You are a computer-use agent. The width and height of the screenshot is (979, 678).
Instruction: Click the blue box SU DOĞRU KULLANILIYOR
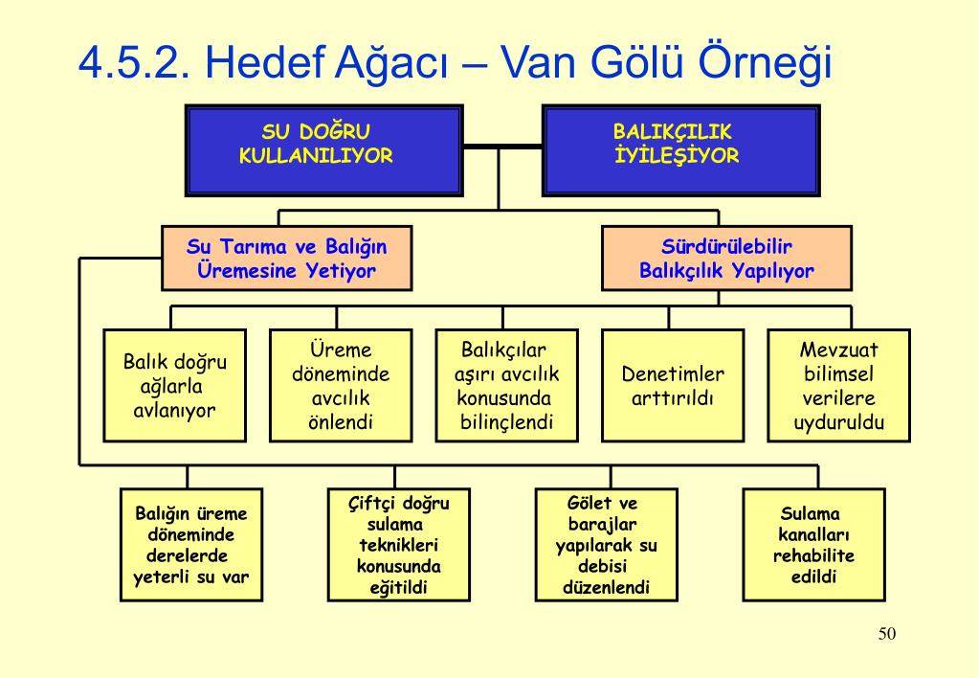coord(316,149)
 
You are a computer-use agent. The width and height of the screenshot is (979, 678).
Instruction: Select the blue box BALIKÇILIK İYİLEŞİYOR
coord(679,149)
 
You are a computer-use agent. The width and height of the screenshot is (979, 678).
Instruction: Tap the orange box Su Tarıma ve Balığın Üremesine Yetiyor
coord(287,258)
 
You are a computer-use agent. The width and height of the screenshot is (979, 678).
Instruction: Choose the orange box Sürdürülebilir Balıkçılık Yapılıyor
coord(726,258)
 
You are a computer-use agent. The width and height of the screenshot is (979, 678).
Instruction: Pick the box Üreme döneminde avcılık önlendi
coord(340,386)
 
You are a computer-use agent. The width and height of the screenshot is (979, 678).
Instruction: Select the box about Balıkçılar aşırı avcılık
coord(506,386)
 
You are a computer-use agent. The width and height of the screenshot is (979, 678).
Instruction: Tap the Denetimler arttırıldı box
coord(673,386)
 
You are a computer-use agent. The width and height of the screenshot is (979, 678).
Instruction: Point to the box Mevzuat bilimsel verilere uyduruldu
coord(838,386)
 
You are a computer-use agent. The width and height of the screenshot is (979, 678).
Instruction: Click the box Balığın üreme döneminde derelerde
coord(191,544)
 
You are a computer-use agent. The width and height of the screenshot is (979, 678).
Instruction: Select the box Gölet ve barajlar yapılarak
coord(606,544)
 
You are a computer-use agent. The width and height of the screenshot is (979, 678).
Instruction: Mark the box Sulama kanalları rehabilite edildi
coord(813,544)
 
